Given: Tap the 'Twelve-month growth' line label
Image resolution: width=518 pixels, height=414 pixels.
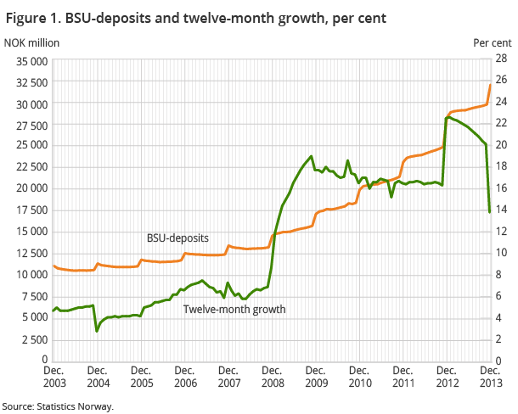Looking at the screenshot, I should tap(234, 309).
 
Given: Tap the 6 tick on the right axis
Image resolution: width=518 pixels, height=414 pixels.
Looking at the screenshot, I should tap(500, 296).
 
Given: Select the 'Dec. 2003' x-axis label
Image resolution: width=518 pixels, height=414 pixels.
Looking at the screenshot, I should tap(53, 377).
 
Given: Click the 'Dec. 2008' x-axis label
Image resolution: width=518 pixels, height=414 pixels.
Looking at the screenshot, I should tap(271, 377).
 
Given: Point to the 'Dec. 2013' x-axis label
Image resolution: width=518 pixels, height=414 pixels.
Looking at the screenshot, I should tap(489, 377).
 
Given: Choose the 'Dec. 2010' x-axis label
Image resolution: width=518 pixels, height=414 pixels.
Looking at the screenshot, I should tap(358, 377).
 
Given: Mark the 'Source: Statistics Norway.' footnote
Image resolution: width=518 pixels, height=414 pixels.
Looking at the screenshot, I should tap(57, 406).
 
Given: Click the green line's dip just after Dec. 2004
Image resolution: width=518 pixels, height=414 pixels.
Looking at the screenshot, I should tap(97, 330).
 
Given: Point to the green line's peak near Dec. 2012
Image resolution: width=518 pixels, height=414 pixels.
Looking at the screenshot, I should tap(448, 117).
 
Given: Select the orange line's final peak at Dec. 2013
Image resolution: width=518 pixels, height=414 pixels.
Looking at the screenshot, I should tap(490, 85).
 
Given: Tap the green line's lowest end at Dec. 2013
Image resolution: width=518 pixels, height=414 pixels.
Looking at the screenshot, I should tap(490, 210).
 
